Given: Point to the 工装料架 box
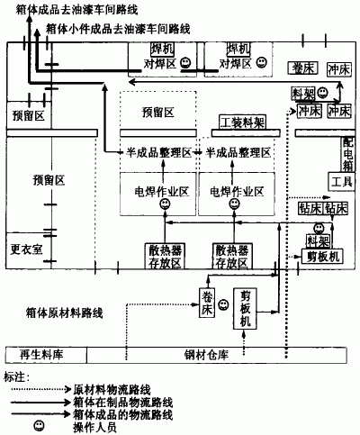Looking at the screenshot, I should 240,122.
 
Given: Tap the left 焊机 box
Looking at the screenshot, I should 161,48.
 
